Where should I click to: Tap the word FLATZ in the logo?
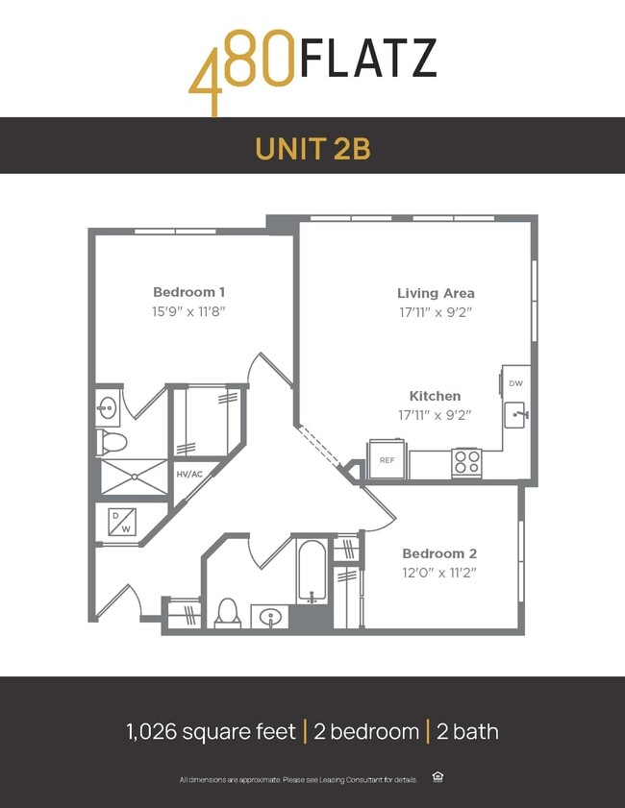[367, 60]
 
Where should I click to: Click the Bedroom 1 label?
[189, 292]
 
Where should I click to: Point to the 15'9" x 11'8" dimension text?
[189, 310]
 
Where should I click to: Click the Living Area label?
[436, 293]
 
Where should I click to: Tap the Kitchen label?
[435, 396]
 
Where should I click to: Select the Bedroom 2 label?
[439, 553]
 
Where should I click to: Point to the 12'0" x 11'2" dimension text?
[439, 573]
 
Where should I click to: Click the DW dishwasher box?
[516, 383]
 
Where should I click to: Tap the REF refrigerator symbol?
[387, 460]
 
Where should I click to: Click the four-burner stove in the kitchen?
[466, 462]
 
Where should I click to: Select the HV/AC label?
[188, 474]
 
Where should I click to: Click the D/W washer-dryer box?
[122, 522]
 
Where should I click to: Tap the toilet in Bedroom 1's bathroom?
[112, 443]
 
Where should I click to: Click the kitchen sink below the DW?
[516, 417]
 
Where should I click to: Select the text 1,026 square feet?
[211, 731]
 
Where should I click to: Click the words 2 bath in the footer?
[467, 731]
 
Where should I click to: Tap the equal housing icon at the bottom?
[438, 777]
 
